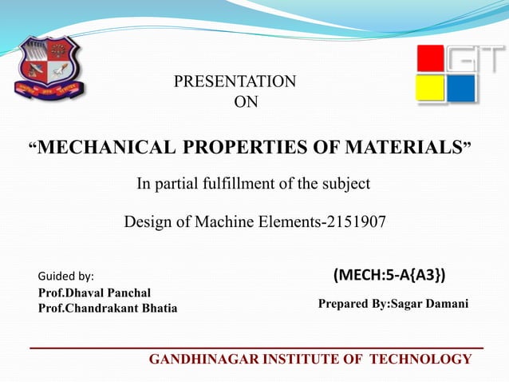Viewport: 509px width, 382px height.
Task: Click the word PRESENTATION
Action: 235,82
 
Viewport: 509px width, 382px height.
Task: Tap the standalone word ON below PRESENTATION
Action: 245,101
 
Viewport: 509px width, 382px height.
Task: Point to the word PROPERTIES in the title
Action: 254,148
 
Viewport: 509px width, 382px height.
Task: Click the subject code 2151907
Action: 353,221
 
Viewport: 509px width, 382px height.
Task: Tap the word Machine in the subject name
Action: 236,221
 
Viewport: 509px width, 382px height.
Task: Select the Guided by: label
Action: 66,277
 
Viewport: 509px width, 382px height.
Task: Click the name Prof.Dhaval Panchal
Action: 94,292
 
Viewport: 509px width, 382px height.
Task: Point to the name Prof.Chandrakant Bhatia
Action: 108,308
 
